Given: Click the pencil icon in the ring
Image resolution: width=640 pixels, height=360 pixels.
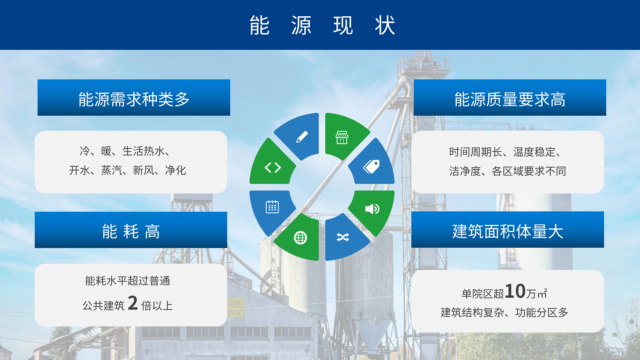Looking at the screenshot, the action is click(302, 137).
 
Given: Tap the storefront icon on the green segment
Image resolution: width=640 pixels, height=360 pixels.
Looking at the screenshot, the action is click(342, 137).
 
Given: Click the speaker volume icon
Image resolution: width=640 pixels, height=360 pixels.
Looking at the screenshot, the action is click(372, 209).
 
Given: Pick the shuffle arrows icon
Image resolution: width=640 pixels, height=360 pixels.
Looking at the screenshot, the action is click(343, 237).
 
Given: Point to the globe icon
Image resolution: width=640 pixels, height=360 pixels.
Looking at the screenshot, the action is click(300, 238).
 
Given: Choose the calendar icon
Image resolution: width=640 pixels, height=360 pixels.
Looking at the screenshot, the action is click(272, 207).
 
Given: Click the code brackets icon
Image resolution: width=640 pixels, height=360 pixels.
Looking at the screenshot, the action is click(273, 167).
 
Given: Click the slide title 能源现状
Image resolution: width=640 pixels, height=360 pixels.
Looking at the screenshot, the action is click(322, 25).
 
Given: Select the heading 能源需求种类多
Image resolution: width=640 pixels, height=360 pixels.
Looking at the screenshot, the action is click(134, 99).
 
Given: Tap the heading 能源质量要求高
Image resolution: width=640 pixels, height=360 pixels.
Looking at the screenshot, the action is click(510, 99).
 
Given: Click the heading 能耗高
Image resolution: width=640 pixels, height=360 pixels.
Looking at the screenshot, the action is click(131, 231).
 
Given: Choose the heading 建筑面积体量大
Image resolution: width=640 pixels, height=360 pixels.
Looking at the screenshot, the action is click(508, 231).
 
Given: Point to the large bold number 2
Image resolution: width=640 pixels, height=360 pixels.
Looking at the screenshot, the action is click(133, 303).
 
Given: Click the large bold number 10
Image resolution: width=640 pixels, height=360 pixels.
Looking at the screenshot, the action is click(515, 291).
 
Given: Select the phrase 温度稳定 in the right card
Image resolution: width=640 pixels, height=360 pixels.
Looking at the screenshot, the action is click(534, 152).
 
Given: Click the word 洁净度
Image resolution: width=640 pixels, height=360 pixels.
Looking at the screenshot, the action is click(465, 171).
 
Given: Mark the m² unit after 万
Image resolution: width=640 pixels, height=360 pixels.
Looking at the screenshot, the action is click(542, 293).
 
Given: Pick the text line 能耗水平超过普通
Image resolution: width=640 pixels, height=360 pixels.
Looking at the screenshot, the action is click(128, 281).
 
